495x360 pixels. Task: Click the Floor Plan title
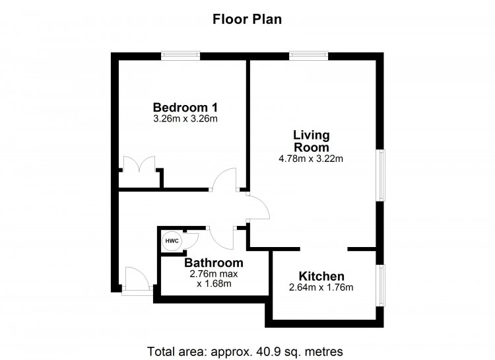coord(247,19)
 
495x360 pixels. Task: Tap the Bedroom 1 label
coord(185,108)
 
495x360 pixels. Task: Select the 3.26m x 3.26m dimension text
coord(185,119)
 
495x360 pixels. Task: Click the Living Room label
coord(312,141)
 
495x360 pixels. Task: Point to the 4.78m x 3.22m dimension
coord(311,159)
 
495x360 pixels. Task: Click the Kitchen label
coord(321,276)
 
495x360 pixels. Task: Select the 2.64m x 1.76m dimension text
coord(321,287)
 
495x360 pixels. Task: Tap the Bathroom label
coord(214,263)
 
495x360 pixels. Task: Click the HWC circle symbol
coord(172,241)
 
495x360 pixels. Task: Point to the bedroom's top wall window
coord(181,56)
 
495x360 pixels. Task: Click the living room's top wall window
coord(308,56)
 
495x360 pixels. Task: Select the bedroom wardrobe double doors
coord(139,164)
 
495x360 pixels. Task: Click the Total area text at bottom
coord(245,351)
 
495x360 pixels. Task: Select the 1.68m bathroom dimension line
coord(214,284)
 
